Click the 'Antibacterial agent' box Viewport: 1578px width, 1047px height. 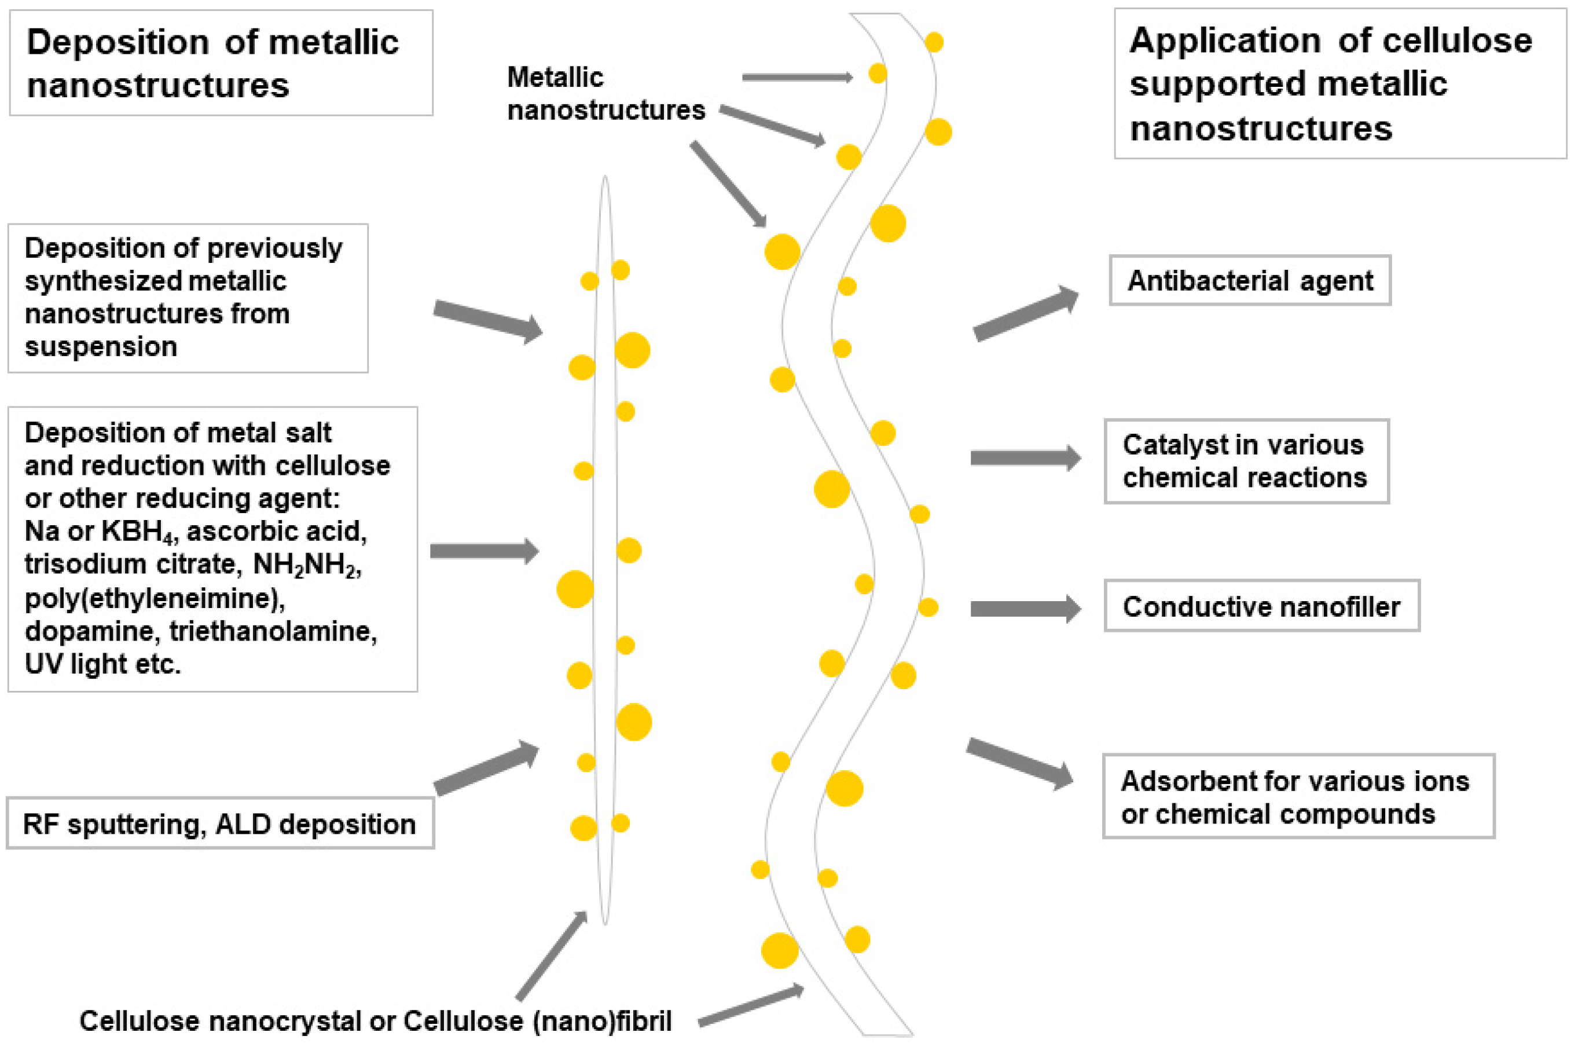pos(1250,280)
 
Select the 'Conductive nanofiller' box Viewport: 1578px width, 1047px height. pos(1261,606)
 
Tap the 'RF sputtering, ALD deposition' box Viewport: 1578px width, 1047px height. pos(219,824)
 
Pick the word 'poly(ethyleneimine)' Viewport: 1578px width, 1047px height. pos(154,598)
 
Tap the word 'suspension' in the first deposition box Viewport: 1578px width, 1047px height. pos(101,346)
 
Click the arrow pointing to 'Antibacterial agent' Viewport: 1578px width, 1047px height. pos(1025,314)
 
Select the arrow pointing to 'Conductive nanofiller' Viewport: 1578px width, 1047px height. pos(1025,608)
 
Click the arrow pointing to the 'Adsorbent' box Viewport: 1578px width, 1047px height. pos(1019,764)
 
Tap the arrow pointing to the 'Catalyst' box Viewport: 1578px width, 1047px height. pos(1025,458)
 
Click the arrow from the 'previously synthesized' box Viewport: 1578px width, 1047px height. pos(488,320)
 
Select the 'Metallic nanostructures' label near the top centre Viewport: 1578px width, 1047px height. pos(605,93)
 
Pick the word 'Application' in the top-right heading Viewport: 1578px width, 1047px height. pos(1224,41)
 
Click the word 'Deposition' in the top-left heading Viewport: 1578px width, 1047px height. pos(118,43)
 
